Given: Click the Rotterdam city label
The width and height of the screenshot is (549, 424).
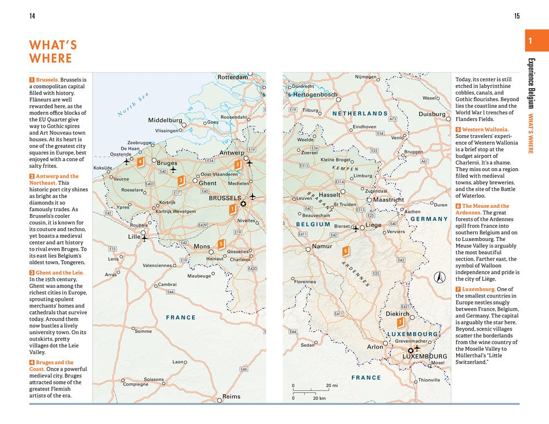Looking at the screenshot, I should tap(233, 78).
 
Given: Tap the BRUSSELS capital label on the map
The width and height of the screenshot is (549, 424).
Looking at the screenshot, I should tap(225, 198).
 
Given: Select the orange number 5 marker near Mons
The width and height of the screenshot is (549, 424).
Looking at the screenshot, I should tap(221, 244).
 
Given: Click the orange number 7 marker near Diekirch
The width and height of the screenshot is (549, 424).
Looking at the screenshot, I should tap(401, 322).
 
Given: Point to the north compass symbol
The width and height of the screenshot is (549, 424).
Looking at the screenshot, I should tap(439, 277).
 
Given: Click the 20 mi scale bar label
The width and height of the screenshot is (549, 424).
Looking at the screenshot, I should tap(332, 386).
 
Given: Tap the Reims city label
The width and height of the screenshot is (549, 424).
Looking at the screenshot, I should tap(231, 397).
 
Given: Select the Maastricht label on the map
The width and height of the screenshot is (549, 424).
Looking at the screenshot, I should tap(389, 200).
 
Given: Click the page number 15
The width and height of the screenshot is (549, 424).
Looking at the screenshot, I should tap(517, 16).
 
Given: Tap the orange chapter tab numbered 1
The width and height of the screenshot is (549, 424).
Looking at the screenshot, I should tap(530, 41).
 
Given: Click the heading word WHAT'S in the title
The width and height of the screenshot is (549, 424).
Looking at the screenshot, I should tap(53, 45).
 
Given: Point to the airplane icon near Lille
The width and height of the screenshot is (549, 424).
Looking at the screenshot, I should tap(145, 238).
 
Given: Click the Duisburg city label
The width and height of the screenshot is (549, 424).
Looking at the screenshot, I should tap(432, 114).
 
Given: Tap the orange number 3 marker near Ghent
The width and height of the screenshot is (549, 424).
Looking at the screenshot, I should tap(181, 179).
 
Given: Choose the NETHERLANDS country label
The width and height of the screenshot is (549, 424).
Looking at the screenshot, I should tap(360, 113).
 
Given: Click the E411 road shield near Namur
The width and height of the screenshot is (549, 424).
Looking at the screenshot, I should tap(302, 234).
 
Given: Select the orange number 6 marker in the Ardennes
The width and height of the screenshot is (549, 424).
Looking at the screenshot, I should tap(345, 251).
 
